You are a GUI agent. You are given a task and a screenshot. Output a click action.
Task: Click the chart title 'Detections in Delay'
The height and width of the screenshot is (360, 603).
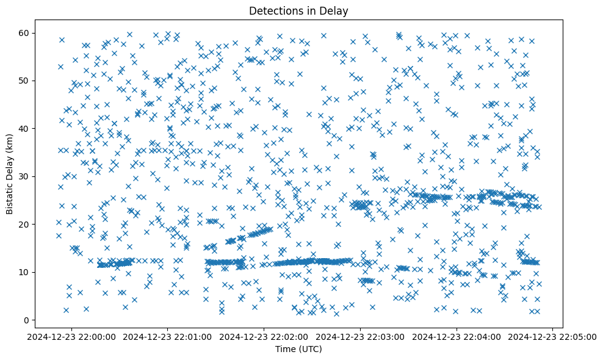pyautogui.click(x=298, y=10)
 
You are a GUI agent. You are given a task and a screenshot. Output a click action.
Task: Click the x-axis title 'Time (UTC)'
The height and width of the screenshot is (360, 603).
pyautogui.click(x=298, y=349)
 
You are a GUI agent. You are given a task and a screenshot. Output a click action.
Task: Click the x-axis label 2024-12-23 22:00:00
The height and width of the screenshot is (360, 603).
pyautogui.click(x=72, y=336)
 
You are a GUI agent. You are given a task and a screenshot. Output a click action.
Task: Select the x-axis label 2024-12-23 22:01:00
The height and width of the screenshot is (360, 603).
pyautogui.click(x=168, y=336)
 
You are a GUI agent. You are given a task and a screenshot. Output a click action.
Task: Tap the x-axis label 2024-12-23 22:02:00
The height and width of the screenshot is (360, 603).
pyautogui.click(x=264, y=336)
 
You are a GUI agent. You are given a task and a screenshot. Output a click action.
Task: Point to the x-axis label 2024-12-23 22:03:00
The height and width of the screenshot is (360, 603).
pyautogui.click(x=361, y=336)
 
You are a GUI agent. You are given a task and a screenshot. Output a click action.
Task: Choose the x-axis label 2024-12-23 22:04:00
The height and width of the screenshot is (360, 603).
pyautogui.click(x=457, y=336)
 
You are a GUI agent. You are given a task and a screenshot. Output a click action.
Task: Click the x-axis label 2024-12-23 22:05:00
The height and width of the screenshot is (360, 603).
pyautogui.click(x=553, y=336)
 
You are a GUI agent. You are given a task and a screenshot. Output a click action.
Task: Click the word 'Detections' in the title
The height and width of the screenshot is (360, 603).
pyautogui.click(x=275, y=10)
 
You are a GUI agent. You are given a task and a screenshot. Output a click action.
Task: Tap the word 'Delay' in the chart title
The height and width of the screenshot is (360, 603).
pyautogui.click(x=334, y=10)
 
